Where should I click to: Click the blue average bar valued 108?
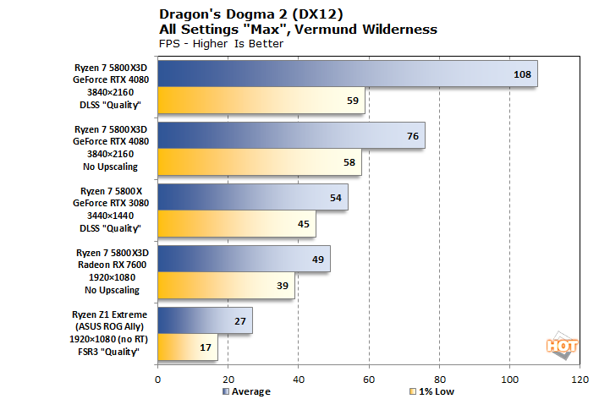(347, 74)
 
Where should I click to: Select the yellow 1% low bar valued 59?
(261, 100)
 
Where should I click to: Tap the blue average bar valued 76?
(291, 135)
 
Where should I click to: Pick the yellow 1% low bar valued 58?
(259, 161)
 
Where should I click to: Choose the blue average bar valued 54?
(252, 197)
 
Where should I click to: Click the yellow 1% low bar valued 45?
(236, 223)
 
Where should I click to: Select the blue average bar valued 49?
(244, 259)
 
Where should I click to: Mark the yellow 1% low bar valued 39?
(226, 285)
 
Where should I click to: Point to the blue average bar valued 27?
(205, 320)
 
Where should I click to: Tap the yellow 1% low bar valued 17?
(187, 347)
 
